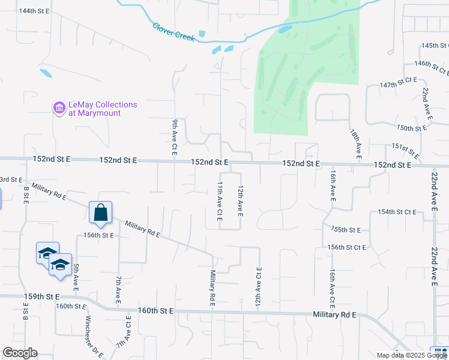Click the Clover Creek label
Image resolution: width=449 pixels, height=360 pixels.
click(173, 32)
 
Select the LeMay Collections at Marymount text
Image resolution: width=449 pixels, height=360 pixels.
click(103, 109)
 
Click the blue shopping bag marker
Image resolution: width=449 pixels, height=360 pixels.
click(100, 212)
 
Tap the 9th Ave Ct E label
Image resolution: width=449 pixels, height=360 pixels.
click(175, 138)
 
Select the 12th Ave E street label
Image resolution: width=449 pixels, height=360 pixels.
click(240, 200)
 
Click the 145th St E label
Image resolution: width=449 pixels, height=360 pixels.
click(435, 46)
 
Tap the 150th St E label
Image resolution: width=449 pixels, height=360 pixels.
click(412, 128)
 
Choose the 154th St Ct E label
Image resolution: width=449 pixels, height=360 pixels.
click(397, 212)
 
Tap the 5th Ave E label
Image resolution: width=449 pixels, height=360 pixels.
click(76, 277)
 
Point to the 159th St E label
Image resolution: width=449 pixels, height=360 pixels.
click(41, 296)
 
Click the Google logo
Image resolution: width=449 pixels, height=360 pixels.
click(20, 353)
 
